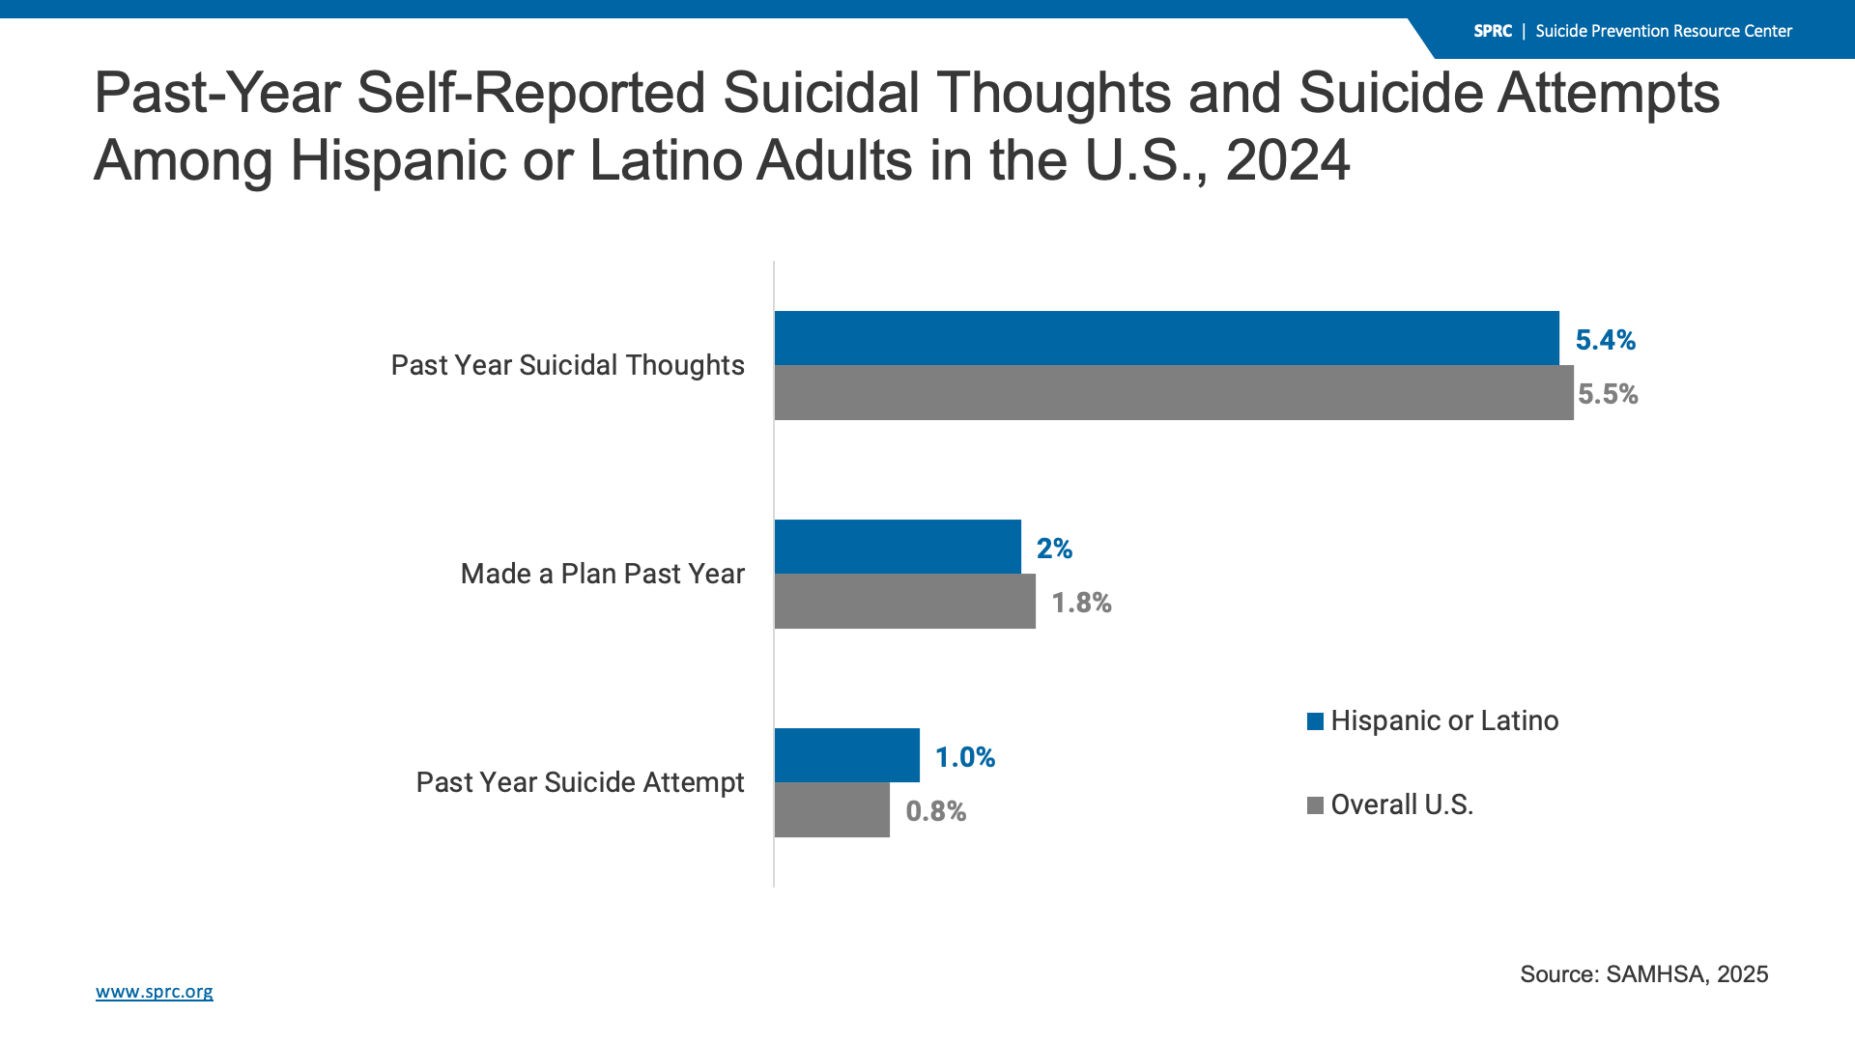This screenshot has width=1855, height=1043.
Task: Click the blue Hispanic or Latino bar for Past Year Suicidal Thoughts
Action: (1166, 338)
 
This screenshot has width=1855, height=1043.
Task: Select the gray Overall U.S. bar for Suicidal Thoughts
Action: (1174, 392)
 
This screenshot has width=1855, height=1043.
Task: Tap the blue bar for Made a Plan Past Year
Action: (898, 547)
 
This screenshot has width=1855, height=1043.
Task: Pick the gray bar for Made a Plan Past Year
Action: (905, 601)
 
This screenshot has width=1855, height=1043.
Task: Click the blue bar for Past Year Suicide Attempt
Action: (847, 755)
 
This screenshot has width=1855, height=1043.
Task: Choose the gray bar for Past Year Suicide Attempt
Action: (832, 809)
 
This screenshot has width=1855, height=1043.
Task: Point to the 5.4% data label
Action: (1605, 340)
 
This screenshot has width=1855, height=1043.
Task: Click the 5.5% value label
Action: (1608, 394)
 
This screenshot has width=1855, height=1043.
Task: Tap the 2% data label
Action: (1054, 549)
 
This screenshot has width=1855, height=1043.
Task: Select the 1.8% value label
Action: (1081, 603)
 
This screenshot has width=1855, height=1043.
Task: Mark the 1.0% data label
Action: (964, 757)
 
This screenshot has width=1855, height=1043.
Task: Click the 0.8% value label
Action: (935, 811)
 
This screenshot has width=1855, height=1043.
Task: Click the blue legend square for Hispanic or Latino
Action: (1315, 721)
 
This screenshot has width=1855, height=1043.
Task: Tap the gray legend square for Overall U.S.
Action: (1315, 805)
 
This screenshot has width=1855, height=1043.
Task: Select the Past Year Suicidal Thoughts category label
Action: (567, 365)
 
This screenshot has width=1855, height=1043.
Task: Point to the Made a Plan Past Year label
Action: (602, 574)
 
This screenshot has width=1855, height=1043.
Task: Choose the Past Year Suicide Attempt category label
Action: (580, 782)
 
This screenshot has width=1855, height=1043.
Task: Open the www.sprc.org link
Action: (155, 992)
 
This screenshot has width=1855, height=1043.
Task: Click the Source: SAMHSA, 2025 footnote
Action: (1643, 973)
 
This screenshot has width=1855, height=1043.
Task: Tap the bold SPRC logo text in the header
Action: (1492, 31)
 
